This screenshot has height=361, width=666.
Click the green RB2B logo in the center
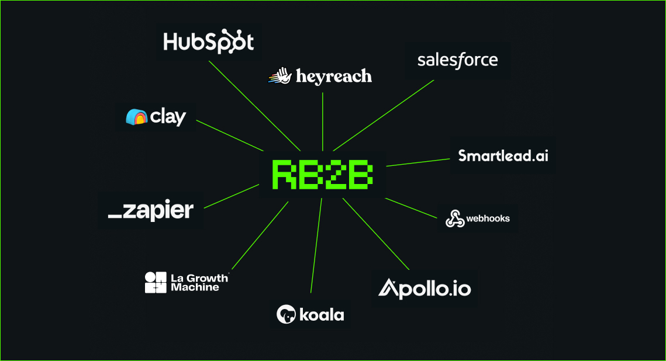tap(322, 174)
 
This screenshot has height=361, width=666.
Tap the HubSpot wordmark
tap(208, 42)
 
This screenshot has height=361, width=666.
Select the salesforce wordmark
tap(458, 60)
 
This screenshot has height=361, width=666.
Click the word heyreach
tap(333, 76)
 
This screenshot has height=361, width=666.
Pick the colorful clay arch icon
tap(136, 117)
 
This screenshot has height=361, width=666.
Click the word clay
tap(168, 117)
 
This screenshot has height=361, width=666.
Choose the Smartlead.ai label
tap(503, 156)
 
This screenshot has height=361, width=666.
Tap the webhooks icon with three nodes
tap(454, 219)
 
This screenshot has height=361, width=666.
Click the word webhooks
tap(488, 218)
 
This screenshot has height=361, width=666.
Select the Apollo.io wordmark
tap(425, 288)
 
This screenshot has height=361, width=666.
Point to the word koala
tap(322, 315)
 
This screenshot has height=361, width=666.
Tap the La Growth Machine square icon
tap(156, 282)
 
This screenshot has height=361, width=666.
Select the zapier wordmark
tap(151, 211)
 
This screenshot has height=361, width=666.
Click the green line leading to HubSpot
tap(255, 106)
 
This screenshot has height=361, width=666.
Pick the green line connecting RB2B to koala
tap(316, 245)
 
